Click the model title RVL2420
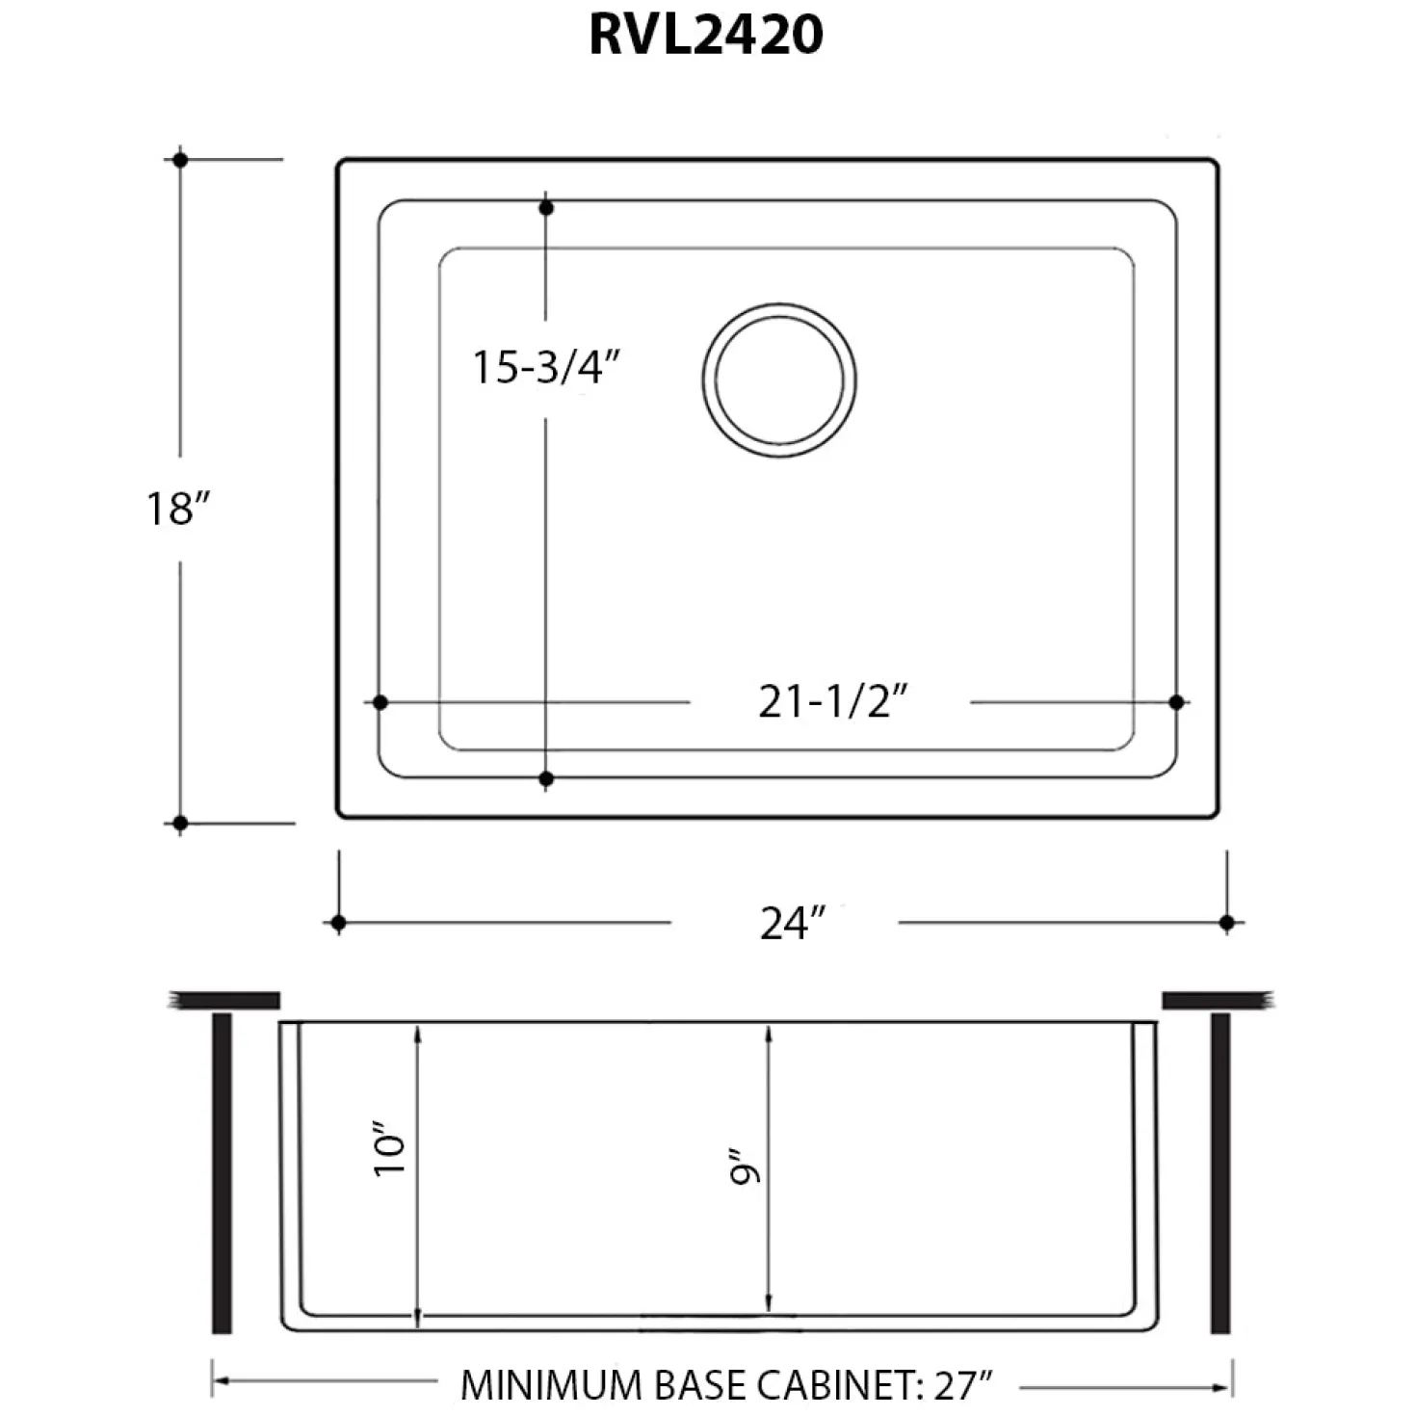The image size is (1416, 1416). tap(706, 36)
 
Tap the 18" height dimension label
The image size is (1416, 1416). tap(178, 508)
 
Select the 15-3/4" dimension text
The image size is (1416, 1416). tap(547, 367)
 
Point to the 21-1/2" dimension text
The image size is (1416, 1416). tap(833, 701)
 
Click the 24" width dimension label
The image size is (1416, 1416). tap(793, 923)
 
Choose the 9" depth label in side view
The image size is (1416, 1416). tap(745, 1167)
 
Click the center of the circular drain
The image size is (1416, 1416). tap(779, 380)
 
